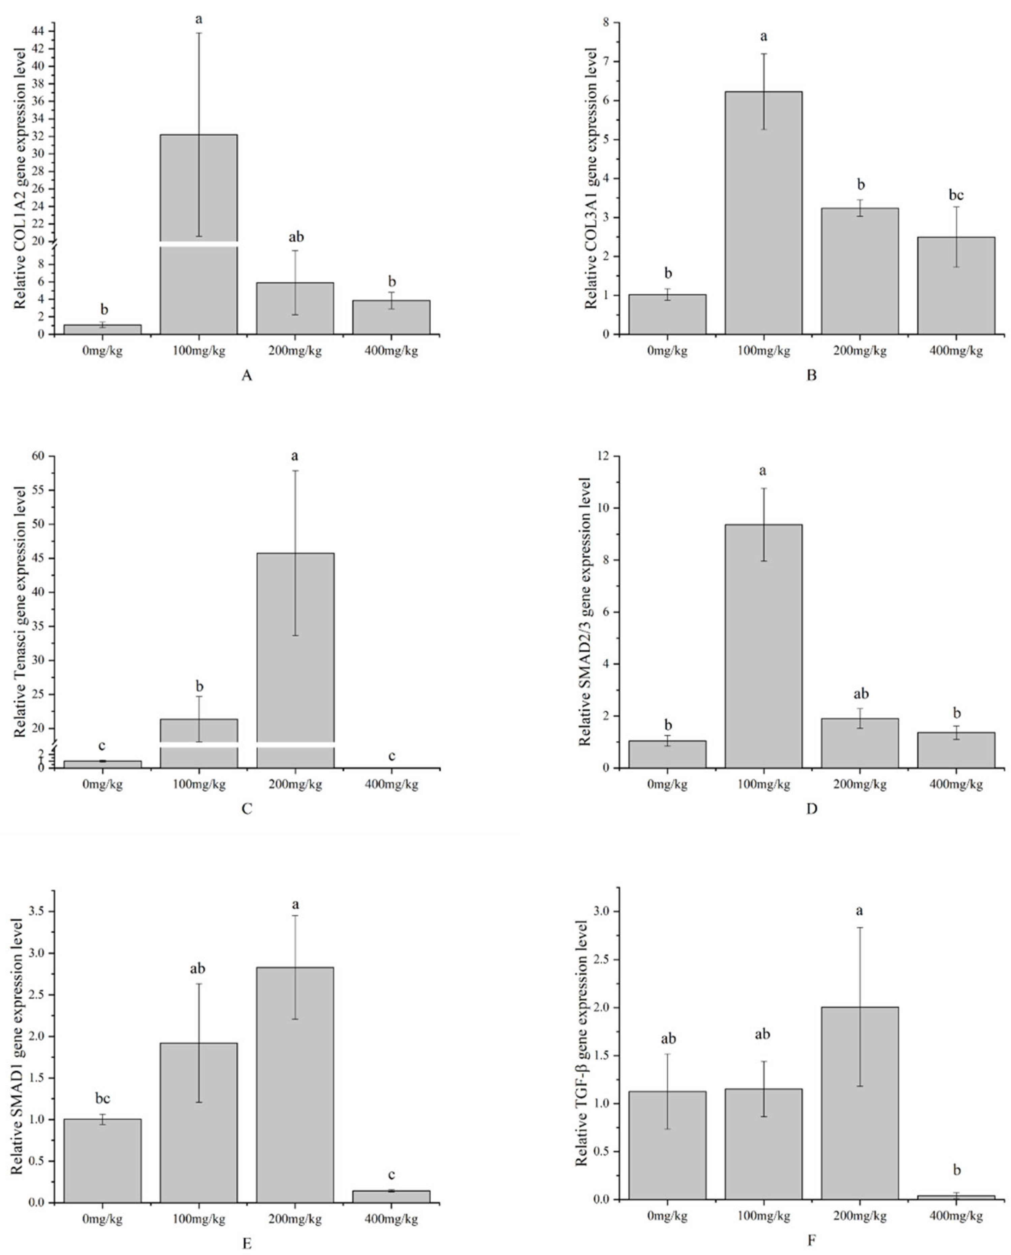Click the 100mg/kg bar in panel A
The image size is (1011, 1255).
(198, 233)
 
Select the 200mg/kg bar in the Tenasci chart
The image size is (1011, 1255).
(295, 658)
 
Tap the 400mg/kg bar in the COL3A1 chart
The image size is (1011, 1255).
(956, 285)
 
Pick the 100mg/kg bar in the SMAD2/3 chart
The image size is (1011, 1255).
(763, 646)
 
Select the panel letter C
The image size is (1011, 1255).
(246, 809)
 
